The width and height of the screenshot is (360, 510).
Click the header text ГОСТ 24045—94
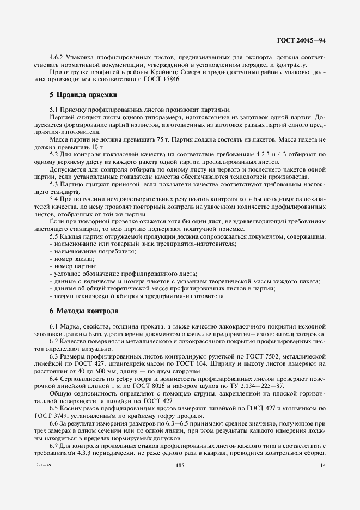point(302,40)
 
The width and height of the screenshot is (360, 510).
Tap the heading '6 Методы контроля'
point(83,311)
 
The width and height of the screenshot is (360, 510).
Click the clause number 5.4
point(54,199)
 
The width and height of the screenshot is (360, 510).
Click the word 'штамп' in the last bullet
point(60,296)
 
